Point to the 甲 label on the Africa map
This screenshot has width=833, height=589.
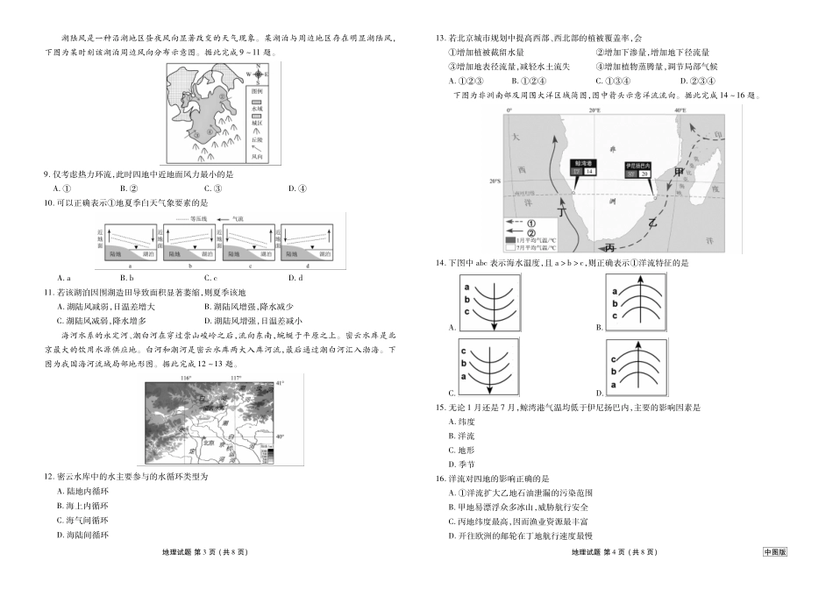(679, 170)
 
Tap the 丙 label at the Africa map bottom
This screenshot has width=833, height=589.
(611, 245)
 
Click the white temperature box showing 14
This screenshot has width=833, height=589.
(589, 172)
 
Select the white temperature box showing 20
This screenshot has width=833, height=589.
(644, 174)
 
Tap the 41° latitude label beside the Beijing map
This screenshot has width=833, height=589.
(280, 384)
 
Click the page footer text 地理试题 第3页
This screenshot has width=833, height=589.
(206, 553)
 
